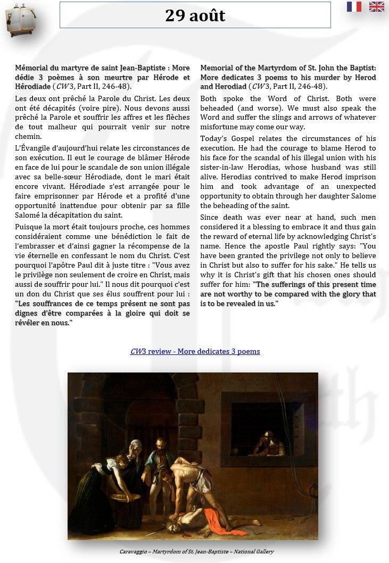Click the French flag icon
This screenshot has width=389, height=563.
coord(354,6)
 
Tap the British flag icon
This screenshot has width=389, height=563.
coord(377,6)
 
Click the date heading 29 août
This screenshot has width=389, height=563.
coord(195,15)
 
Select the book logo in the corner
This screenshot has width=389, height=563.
coord(20,20)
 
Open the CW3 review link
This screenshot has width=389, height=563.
coord(195,352)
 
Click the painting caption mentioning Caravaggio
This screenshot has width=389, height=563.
coord(196,552)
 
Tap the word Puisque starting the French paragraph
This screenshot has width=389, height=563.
coord(29,227)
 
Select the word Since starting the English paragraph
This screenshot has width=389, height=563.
coord(211,218)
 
